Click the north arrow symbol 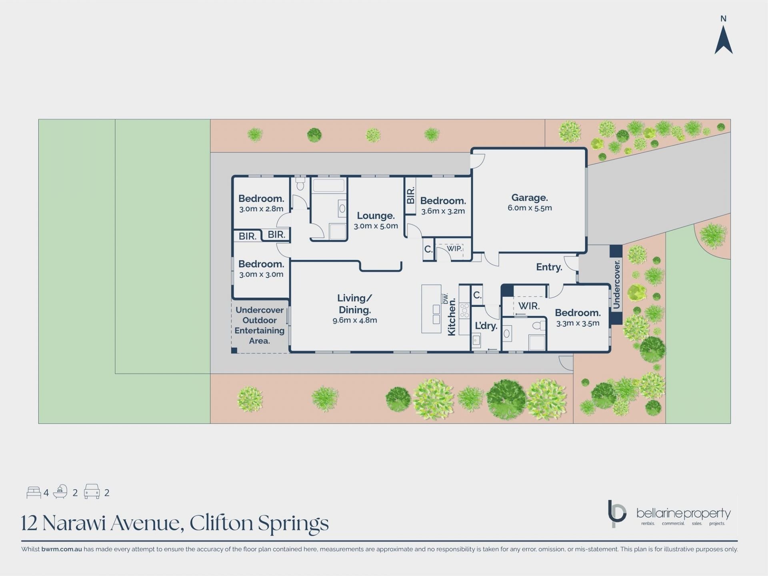[723, 40]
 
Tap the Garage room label [530, 198]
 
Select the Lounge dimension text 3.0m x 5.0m [376, 226]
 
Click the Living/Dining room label [354, 304]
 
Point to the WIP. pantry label [454, 248]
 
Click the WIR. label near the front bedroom [529, 306]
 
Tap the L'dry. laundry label [486, 326]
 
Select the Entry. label [549, 267]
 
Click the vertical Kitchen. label [452, 317]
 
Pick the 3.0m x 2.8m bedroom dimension [261, 209]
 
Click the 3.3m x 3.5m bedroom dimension [578, 323]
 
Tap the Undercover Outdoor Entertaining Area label [260, 325]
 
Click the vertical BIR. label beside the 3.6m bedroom [410, 196]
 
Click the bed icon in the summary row [34, 492]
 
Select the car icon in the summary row [92, 492]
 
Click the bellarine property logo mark [616, 514]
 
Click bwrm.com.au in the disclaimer [62, 549]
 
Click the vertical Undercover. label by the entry [616, 284]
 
